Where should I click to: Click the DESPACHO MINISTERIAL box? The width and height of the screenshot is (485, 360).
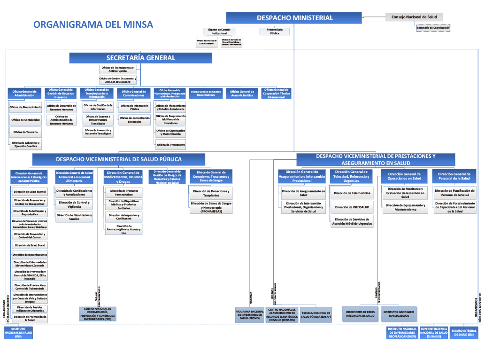[x=294, y=18]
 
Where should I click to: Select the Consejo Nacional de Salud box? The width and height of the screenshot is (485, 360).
[x=414, y=17]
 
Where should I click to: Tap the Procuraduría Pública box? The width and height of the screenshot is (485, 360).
[x=274, y=31]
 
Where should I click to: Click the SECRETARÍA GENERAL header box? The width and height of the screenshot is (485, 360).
[x=140, y=58]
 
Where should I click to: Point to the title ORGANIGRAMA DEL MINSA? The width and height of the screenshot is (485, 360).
[x=93, y=24]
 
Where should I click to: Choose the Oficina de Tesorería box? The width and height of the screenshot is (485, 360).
[x=26, y=132]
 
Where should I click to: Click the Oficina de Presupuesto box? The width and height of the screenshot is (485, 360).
[x=170, y=145]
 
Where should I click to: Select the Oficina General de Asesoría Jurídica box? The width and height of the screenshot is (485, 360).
[x=242, y=93]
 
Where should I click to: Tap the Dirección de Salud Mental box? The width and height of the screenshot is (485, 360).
[x=30, y=192]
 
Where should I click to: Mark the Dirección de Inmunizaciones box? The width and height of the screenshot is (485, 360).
[x=30, y=255]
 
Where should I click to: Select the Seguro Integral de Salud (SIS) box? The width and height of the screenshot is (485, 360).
[x=463, y=332]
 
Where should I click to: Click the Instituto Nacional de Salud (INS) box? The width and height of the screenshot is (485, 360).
[x=18, y=333]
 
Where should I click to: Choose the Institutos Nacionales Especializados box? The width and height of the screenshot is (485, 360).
[x=399, y=314]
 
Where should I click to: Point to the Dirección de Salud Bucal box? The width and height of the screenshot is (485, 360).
[x=30, y=245]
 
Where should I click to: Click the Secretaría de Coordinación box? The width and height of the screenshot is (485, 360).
[x=432, y=28]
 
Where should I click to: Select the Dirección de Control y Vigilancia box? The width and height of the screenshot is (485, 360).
[x=74, y=204]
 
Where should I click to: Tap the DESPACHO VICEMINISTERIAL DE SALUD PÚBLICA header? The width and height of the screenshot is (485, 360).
[x=119, y=159]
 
